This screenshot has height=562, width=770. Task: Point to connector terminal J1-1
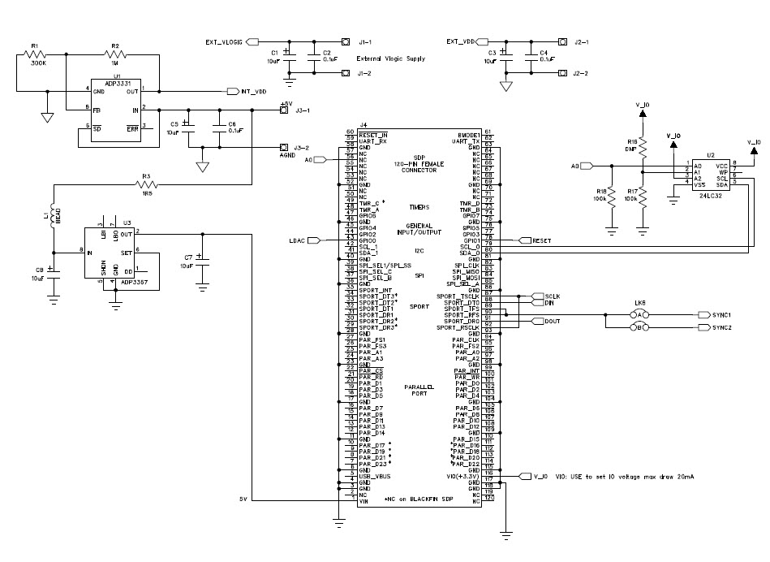pos(364,41)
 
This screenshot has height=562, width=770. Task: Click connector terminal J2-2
pos(580,73)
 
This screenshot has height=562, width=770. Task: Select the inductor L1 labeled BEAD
pos(54,215)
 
